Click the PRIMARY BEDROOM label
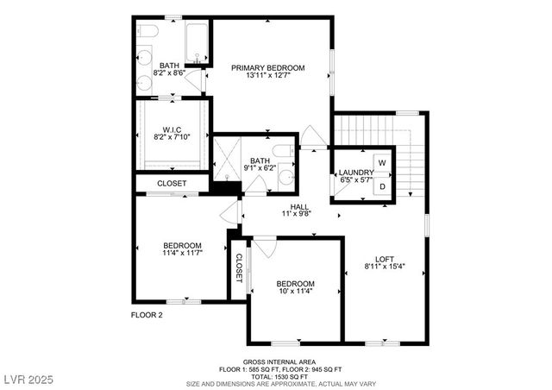267,68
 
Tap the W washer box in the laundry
381,161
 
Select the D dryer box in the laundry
382,185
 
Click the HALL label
299,207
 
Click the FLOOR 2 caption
147,315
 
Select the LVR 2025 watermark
28,379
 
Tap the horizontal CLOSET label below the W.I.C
172,184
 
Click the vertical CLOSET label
239,269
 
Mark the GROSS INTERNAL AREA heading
278,361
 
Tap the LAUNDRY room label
355,173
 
